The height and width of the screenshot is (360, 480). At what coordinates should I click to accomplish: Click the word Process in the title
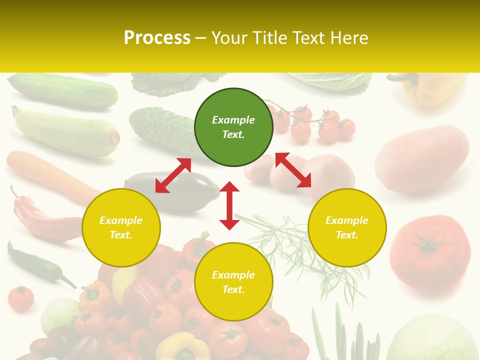tap(157, 37)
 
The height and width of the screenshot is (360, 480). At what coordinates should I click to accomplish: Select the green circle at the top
tap(233, 127)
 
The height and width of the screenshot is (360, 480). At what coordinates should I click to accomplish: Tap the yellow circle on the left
tap(121, 227)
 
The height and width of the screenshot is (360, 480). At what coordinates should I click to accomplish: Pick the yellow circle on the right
tap(347, 227)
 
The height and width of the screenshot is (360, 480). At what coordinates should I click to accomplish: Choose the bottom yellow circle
tap(233, 282)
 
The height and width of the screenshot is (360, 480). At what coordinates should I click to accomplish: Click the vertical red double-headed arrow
tap(229, 205)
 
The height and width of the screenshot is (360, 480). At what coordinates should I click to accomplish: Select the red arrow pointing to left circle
tap(173, 175)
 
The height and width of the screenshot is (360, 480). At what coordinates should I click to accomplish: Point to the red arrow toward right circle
tap(293, 170)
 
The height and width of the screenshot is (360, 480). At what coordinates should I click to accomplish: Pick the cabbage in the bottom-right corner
tap(432, 337)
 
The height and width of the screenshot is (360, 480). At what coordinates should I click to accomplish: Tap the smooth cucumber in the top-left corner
tap(62, 90)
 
